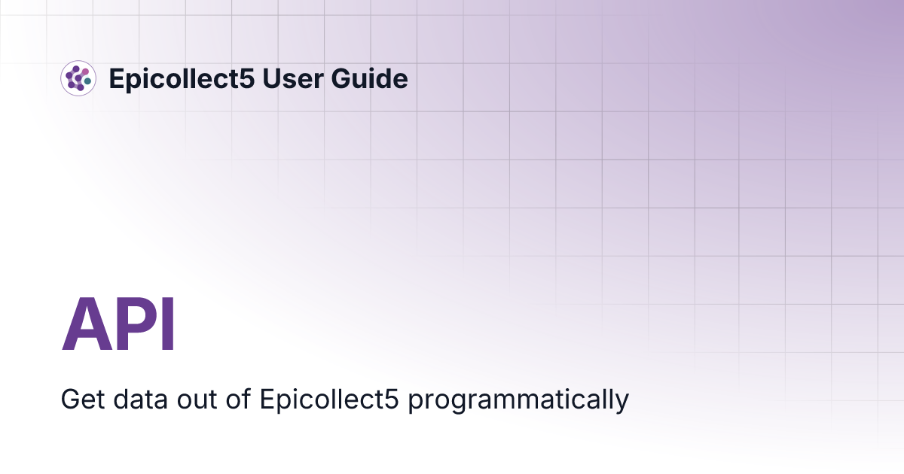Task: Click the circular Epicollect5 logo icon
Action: [x=78, y=78]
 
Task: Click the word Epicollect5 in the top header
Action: [x=180, y=78]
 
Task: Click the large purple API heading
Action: [x=118, y=325]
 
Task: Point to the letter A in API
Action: [x=85, y=325]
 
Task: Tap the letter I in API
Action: [x=168, y=325]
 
